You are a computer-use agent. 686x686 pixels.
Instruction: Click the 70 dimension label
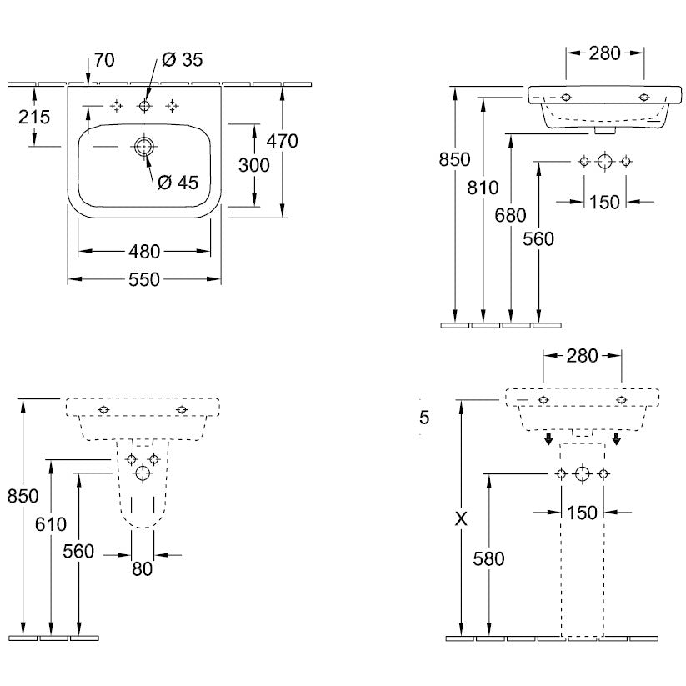[105, 60]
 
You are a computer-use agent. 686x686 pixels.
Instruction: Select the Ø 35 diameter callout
[182, 59]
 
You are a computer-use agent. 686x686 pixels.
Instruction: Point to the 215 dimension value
[34, 117]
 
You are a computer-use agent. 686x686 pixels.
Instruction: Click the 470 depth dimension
[283, 141]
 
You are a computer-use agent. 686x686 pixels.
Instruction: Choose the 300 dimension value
[253, 165]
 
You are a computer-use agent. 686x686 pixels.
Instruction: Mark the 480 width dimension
[144, 250]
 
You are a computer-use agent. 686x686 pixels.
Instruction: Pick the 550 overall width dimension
[144, 280]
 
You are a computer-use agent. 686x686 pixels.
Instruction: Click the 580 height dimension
[488, 558]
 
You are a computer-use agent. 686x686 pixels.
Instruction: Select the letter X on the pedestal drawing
[460, 518]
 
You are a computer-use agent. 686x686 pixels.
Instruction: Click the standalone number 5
[423, 418]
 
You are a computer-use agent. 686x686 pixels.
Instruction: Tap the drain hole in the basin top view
[143, 146]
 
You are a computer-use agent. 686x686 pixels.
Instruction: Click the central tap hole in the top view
[144, 106]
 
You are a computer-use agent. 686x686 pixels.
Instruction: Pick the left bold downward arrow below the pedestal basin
[549, 438]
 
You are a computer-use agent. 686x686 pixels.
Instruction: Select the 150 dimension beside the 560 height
[604, 202]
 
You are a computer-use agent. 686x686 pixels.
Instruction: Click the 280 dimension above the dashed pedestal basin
[583, 356]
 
